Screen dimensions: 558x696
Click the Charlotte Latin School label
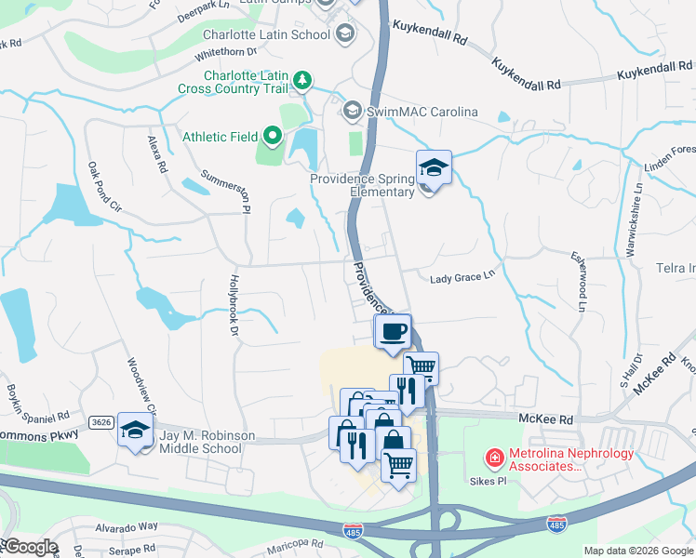click(x=266, y=35)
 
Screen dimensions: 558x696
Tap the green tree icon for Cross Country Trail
click(x=302, y=81)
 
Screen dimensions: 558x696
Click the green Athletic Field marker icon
click(x=273, y=137)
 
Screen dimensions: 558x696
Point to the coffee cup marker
click(x=393, y=331)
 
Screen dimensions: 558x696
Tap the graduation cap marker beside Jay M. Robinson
click(x=136, y=431)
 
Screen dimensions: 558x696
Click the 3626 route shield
click(x=101, y=422)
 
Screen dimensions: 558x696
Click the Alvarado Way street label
click(x=129, y=525)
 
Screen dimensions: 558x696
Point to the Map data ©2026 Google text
click(x=637, y=551)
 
